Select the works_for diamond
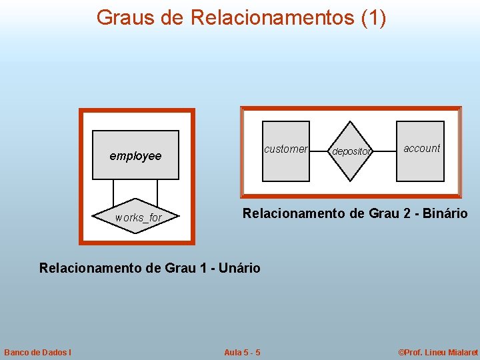[138, 217]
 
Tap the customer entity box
[285, 151]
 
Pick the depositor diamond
[351, 151]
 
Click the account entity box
[420, 151]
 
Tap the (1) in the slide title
[373, 18]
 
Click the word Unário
[237, 268]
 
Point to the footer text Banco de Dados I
[38, 352]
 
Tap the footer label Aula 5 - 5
[242, 352]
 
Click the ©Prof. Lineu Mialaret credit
[438, 352]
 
